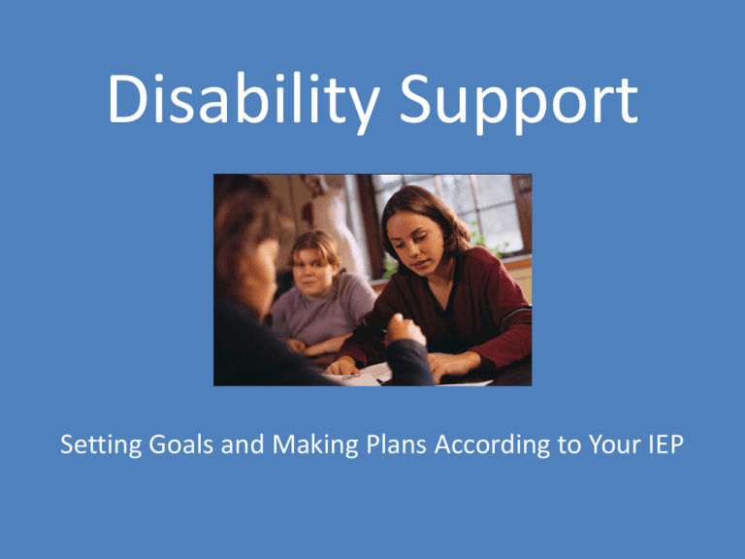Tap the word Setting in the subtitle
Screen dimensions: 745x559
pyautogui.click(x=101, y=445)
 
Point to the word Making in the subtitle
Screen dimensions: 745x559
pyautogui.click(x=315, y=445)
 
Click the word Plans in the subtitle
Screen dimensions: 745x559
pyautogui.click(x=396, y=444)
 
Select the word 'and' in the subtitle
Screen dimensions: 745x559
pyautogui.click(x=243, y=444)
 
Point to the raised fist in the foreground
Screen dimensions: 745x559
pyautogui.click(x=405, y=330)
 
